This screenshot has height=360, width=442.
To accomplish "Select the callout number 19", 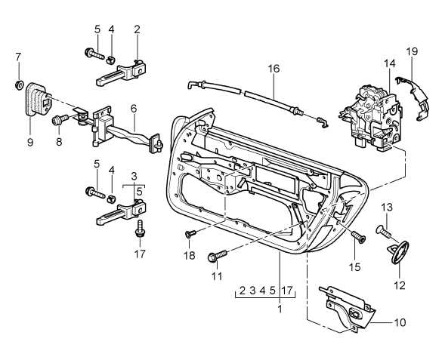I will click(x=411, y=52).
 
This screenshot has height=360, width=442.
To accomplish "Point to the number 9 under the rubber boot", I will click(x=29, y=140).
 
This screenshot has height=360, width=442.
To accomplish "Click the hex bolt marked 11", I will click(x=215, y=257).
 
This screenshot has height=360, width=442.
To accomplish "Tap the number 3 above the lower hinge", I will click(x=134, y=175).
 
